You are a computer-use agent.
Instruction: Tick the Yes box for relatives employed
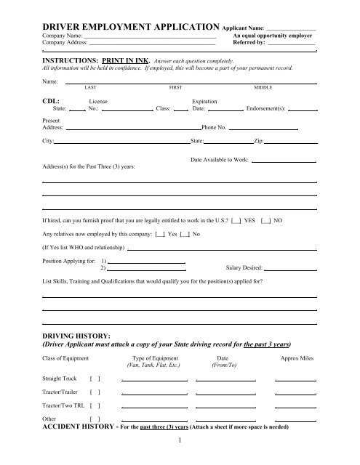click(160, 234)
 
